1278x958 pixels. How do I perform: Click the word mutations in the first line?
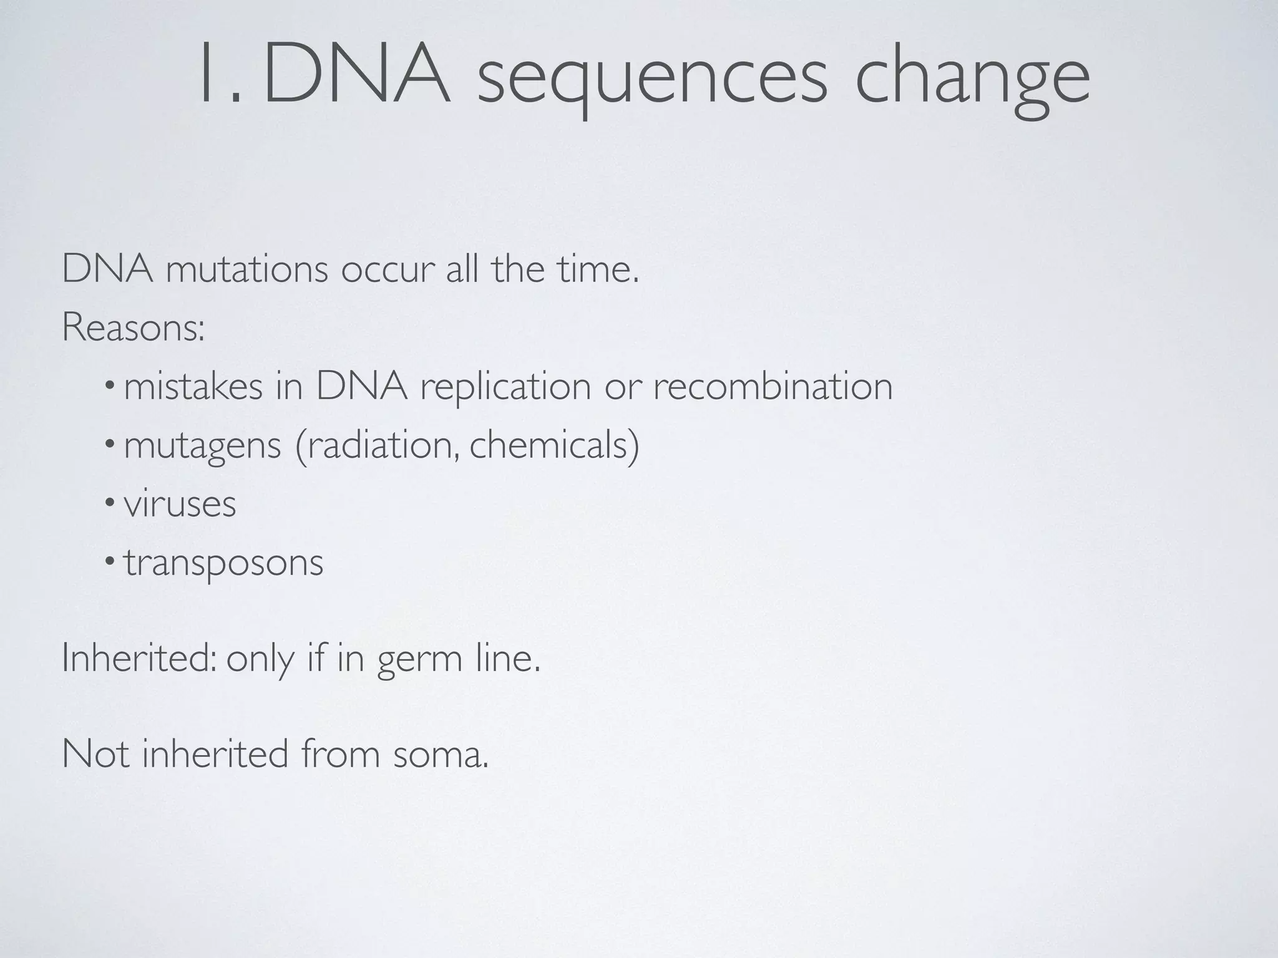coord(246,270)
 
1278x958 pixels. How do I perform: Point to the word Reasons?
coord(133,327)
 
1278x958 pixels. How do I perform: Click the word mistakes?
coord(193,387)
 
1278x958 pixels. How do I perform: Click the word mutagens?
coord(202,447)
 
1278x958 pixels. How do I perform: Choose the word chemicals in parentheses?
coord(549,445)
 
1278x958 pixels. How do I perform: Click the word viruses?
coord(180,504)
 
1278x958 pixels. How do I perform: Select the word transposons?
coord(223,563)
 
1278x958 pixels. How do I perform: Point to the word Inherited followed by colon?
coord(139,658)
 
